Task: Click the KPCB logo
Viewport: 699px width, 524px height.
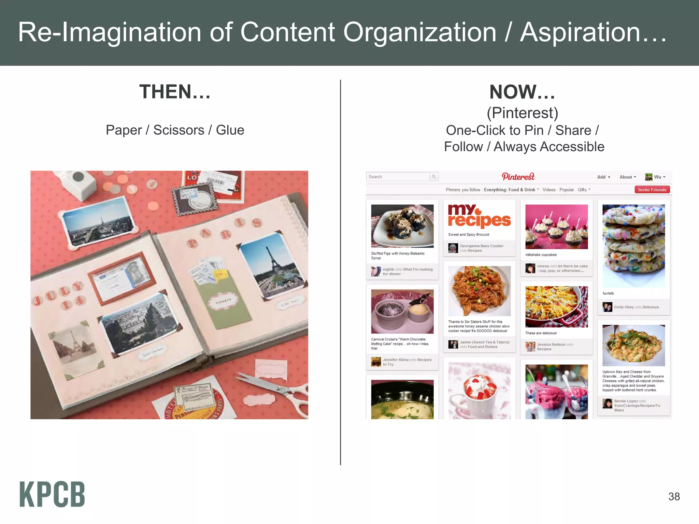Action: pyautogui.click(x=52, y=494)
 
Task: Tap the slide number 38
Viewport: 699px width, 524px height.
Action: pyautogui.click(x=674, y=496)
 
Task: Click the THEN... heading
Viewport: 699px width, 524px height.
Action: pyautogui.click(x=175, y=92)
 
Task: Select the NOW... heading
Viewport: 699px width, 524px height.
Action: pyautogui.click(x=522, y=92)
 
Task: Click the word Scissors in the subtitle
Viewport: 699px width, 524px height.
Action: pyautogui.click(x=179, y=130)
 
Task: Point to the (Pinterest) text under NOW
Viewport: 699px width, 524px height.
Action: pyautogui.click(x=522, y=113)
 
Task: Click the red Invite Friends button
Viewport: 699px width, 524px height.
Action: pyautogui.click(x=652, y=190)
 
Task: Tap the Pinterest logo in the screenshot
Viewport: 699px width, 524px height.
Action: pyautogui.click(x=518, y=177)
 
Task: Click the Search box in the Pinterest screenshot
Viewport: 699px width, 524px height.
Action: pyautogui.click(x=398, y=177)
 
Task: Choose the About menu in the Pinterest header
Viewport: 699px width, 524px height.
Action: pyautogui.click(x=628, y=177)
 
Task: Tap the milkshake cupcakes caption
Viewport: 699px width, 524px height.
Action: pyautogui.click(x=541, y=255)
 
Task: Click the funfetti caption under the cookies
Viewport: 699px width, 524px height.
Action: pyautogui.click(x=608, y=293)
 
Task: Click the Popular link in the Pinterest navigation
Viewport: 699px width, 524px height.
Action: pyautogui.click(x=567, y=190)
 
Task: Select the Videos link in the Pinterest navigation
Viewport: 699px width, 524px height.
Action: pyautogui.click(x=549, y=190)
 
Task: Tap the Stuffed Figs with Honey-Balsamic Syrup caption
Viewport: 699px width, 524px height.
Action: pyautogui.click(x=398, y=256)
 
